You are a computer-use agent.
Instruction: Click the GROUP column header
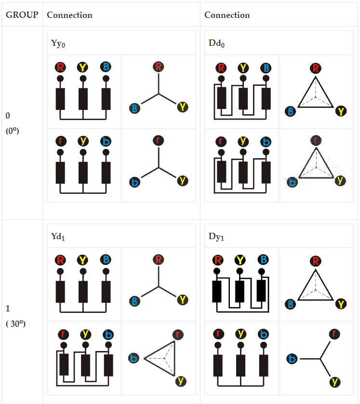point(22,15)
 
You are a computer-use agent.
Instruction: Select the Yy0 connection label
point(58,43)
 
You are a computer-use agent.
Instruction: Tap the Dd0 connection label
point(216,43)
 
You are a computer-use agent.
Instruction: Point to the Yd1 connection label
point(58,236)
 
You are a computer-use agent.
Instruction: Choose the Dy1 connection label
point(216,236)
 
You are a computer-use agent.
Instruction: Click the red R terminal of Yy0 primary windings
point(60,67)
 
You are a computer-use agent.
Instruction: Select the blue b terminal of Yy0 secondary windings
point(106,141)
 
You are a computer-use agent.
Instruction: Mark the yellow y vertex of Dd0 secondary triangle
point(340,181)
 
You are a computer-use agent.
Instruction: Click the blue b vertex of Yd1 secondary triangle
point(134,358)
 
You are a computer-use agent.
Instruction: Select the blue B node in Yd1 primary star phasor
point(134,301)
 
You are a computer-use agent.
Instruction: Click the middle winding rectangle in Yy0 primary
point(83,99)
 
